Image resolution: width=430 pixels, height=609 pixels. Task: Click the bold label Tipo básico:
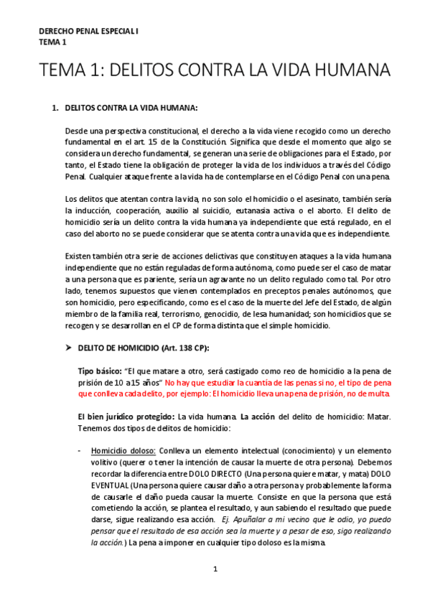(100, 371)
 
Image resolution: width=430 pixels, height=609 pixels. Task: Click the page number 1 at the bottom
(215, 570)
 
